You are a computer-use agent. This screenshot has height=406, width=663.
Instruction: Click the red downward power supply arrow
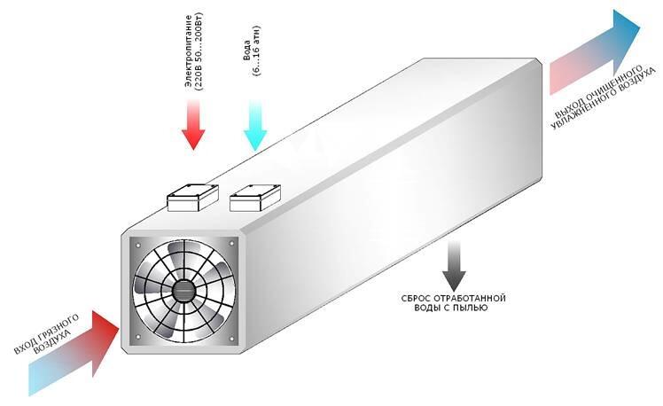click(x=193, y=125)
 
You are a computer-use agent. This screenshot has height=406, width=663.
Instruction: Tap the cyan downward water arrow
click(x=255, y=126)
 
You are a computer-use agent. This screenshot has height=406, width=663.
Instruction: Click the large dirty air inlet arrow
click(x=73, y=353)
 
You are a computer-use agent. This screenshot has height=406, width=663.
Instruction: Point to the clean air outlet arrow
click(x=594, y=51)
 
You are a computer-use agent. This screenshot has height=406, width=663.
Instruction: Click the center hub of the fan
click(x=184, y=291)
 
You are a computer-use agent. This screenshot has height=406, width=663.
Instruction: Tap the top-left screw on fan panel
click(x=137, y=244)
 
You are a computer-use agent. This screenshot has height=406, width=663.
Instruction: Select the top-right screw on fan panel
click(x=231, y=244)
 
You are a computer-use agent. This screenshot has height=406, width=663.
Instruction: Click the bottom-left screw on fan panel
click(x=137, y=337)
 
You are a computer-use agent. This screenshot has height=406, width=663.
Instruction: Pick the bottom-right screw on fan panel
click(x=231, y=339)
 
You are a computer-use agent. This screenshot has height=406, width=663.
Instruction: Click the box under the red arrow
click(x=193, y=198)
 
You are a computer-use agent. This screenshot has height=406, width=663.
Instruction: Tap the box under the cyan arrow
click(x=255, y=198)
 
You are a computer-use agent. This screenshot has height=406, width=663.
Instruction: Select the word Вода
click(x=247, y=51)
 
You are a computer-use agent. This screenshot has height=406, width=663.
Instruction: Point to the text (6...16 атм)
click(x=256, y=51)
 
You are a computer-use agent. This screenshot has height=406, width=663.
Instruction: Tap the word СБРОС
click(x=417, y=299)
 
